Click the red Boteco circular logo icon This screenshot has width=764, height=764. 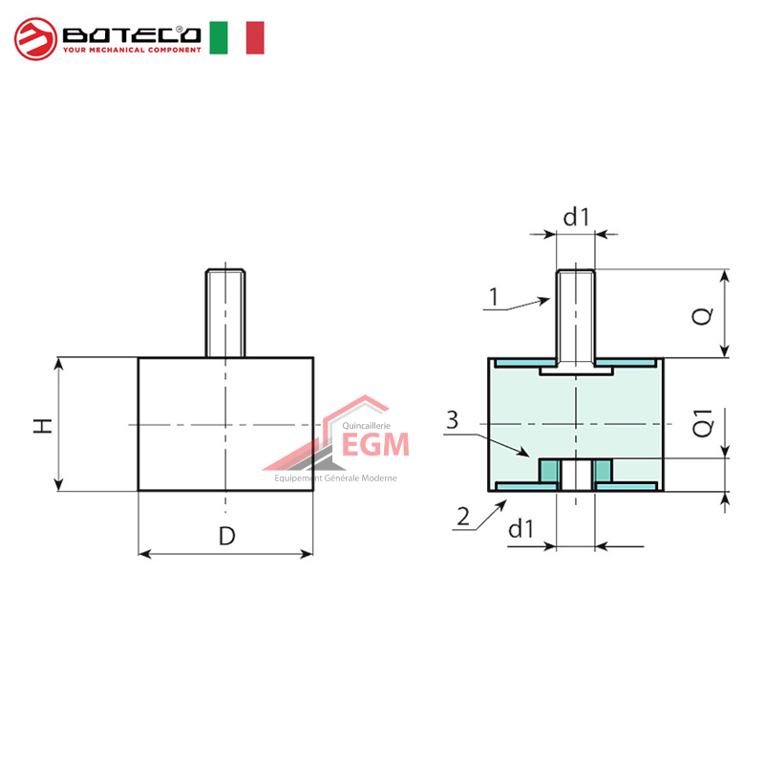(35, 38)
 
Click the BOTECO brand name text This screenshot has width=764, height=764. (132, 34)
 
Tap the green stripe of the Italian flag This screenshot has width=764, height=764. (219, 37)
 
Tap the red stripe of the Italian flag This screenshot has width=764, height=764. (254, 37)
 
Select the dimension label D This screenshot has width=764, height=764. (226, 536)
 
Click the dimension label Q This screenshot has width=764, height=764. (701, 315)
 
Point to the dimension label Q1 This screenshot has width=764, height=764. (702, 424)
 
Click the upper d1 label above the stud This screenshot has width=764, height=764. (576, 218)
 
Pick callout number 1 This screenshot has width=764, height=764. (493, 297)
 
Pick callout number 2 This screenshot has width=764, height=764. (463, 518)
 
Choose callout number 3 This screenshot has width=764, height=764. (453, 420)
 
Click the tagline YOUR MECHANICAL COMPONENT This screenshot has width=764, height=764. (132, 50)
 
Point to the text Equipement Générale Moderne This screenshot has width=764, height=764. (335, 478)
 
